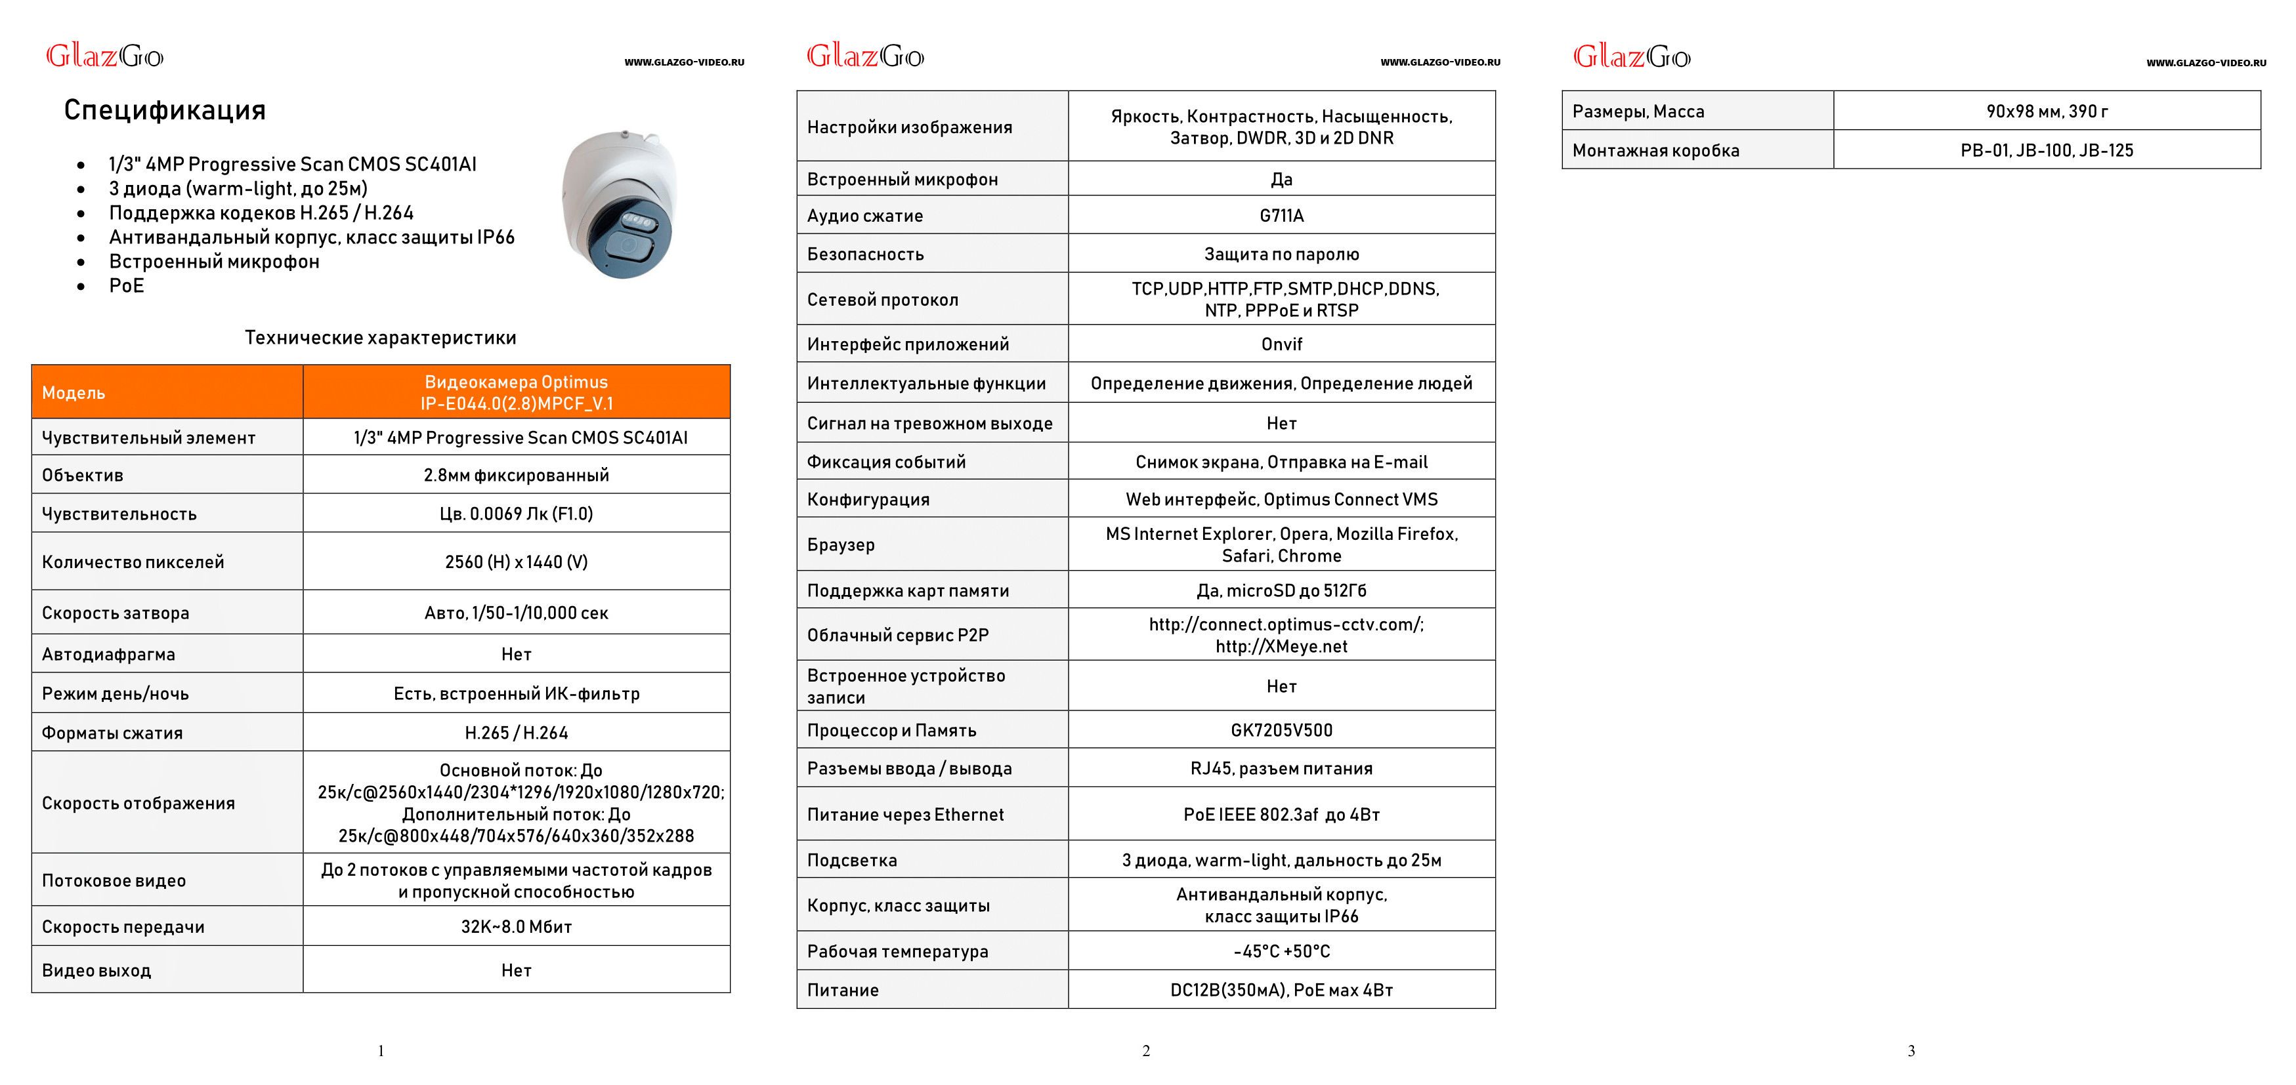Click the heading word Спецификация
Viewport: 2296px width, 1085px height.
(x=165, y=110)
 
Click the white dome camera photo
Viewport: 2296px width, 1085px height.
(x=620, y=204)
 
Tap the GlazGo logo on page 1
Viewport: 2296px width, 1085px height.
(x=104, y=56)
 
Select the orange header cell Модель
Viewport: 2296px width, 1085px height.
(x=74, y=393)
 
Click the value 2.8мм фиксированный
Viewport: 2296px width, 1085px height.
(x=516, y=476)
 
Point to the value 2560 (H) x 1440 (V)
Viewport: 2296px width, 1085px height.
(x=516, y=562)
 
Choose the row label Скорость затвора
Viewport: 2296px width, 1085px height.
(x=116, y=613)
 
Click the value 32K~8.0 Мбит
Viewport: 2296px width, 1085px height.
(x=516, y=926)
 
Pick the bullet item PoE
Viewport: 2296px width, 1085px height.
(x=127, y=286)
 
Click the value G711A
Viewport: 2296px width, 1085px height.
(x=1281, y=216)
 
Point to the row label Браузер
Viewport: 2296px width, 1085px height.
(x=841, y=544)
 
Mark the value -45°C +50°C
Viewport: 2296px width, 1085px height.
(x=1281, y=951)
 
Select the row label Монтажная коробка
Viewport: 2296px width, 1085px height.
(x=1655, y=150)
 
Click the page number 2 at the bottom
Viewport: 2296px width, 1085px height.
(x=1146, y=1051)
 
